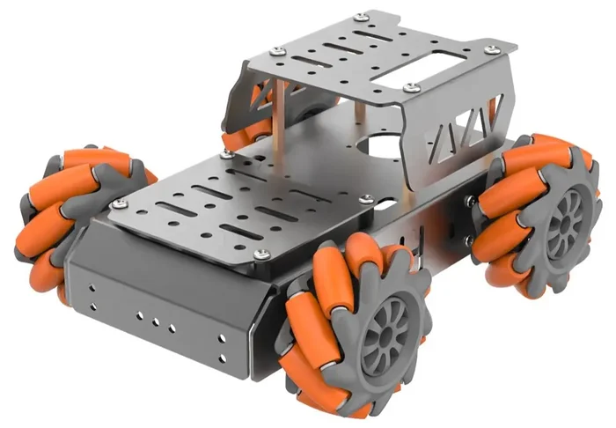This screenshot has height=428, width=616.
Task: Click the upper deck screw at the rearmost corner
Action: coord(362,18)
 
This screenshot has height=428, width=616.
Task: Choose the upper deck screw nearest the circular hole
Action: coord(411,87)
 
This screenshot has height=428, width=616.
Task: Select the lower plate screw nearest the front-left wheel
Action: coord(120,204)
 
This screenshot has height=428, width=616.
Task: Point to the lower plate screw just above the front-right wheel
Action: coord(261,255)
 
